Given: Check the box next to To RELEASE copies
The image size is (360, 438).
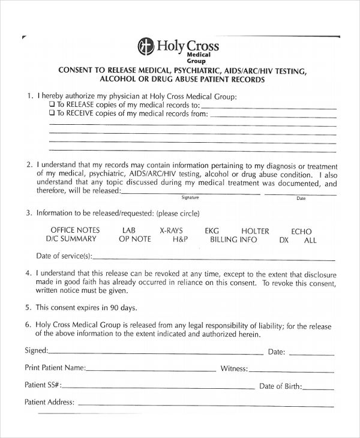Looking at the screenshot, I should [x=52, y=104].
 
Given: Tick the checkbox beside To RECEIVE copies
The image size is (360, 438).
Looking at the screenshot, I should [x=52, y=113].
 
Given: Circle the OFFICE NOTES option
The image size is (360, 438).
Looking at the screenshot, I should [x=75, y=230].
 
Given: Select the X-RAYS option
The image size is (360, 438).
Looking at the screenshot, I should [x=171, y=230].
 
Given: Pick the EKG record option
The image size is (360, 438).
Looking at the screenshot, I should [x=212, y=230].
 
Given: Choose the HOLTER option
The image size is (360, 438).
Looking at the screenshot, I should [x=255, y=231].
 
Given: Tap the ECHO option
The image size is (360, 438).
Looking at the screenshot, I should [x=301, y=231].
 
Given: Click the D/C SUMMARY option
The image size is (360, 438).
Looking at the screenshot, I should [x=71, y=239].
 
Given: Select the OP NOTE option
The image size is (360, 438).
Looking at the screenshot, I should [x=135, y=239].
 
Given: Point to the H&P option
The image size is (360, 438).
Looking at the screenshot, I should [x=181, y=239].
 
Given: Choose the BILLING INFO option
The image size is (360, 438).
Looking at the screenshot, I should [x=233, y=239].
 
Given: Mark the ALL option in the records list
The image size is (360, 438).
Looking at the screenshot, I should [x=310, y=240].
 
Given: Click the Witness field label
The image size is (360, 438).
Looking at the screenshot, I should [x=234, y=368].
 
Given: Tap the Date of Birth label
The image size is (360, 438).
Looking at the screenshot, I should [x=281, y=386].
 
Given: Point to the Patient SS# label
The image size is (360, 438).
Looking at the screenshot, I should [x=43, y=385].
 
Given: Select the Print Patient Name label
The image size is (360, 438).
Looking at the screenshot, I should [x=55, y=367].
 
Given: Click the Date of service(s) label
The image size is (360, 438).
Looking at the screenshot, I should [x=64, y=256].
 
